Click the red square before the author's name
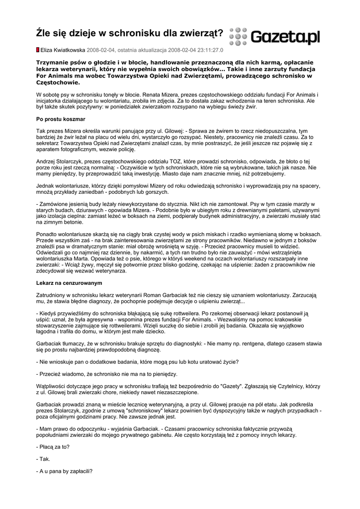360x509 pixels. click(38, 50)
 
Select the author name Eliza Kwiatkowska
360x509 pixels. click(63, 50)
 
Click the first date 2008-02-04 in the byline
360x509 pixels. click(101, 50)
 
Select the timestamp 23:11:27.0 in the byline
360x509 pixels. click(209, 50)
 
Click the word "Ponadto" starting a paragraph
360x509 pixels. click(48, 234)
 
